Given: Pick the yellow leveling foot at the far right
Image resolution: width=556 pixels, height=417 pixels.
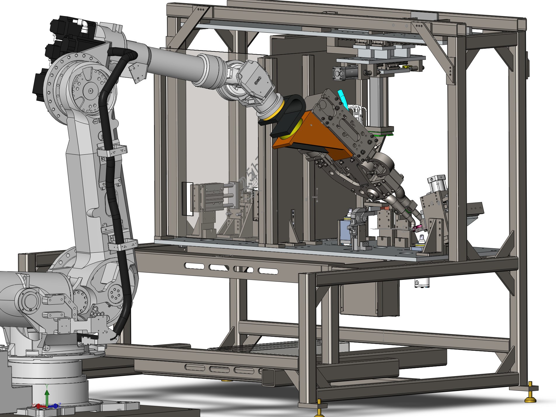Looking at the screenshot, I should coord(531,399).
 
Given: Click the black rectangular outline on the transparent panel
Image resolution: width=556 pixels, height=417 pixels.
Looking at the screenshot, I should coord(188,199).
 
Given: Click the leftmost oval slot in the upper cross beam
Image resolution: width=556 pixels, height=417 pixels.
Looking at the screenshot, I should coord(194,266).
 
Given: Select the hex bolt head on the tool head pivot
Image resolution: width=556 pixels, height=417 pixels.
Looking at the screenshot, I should coord(372,193).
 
